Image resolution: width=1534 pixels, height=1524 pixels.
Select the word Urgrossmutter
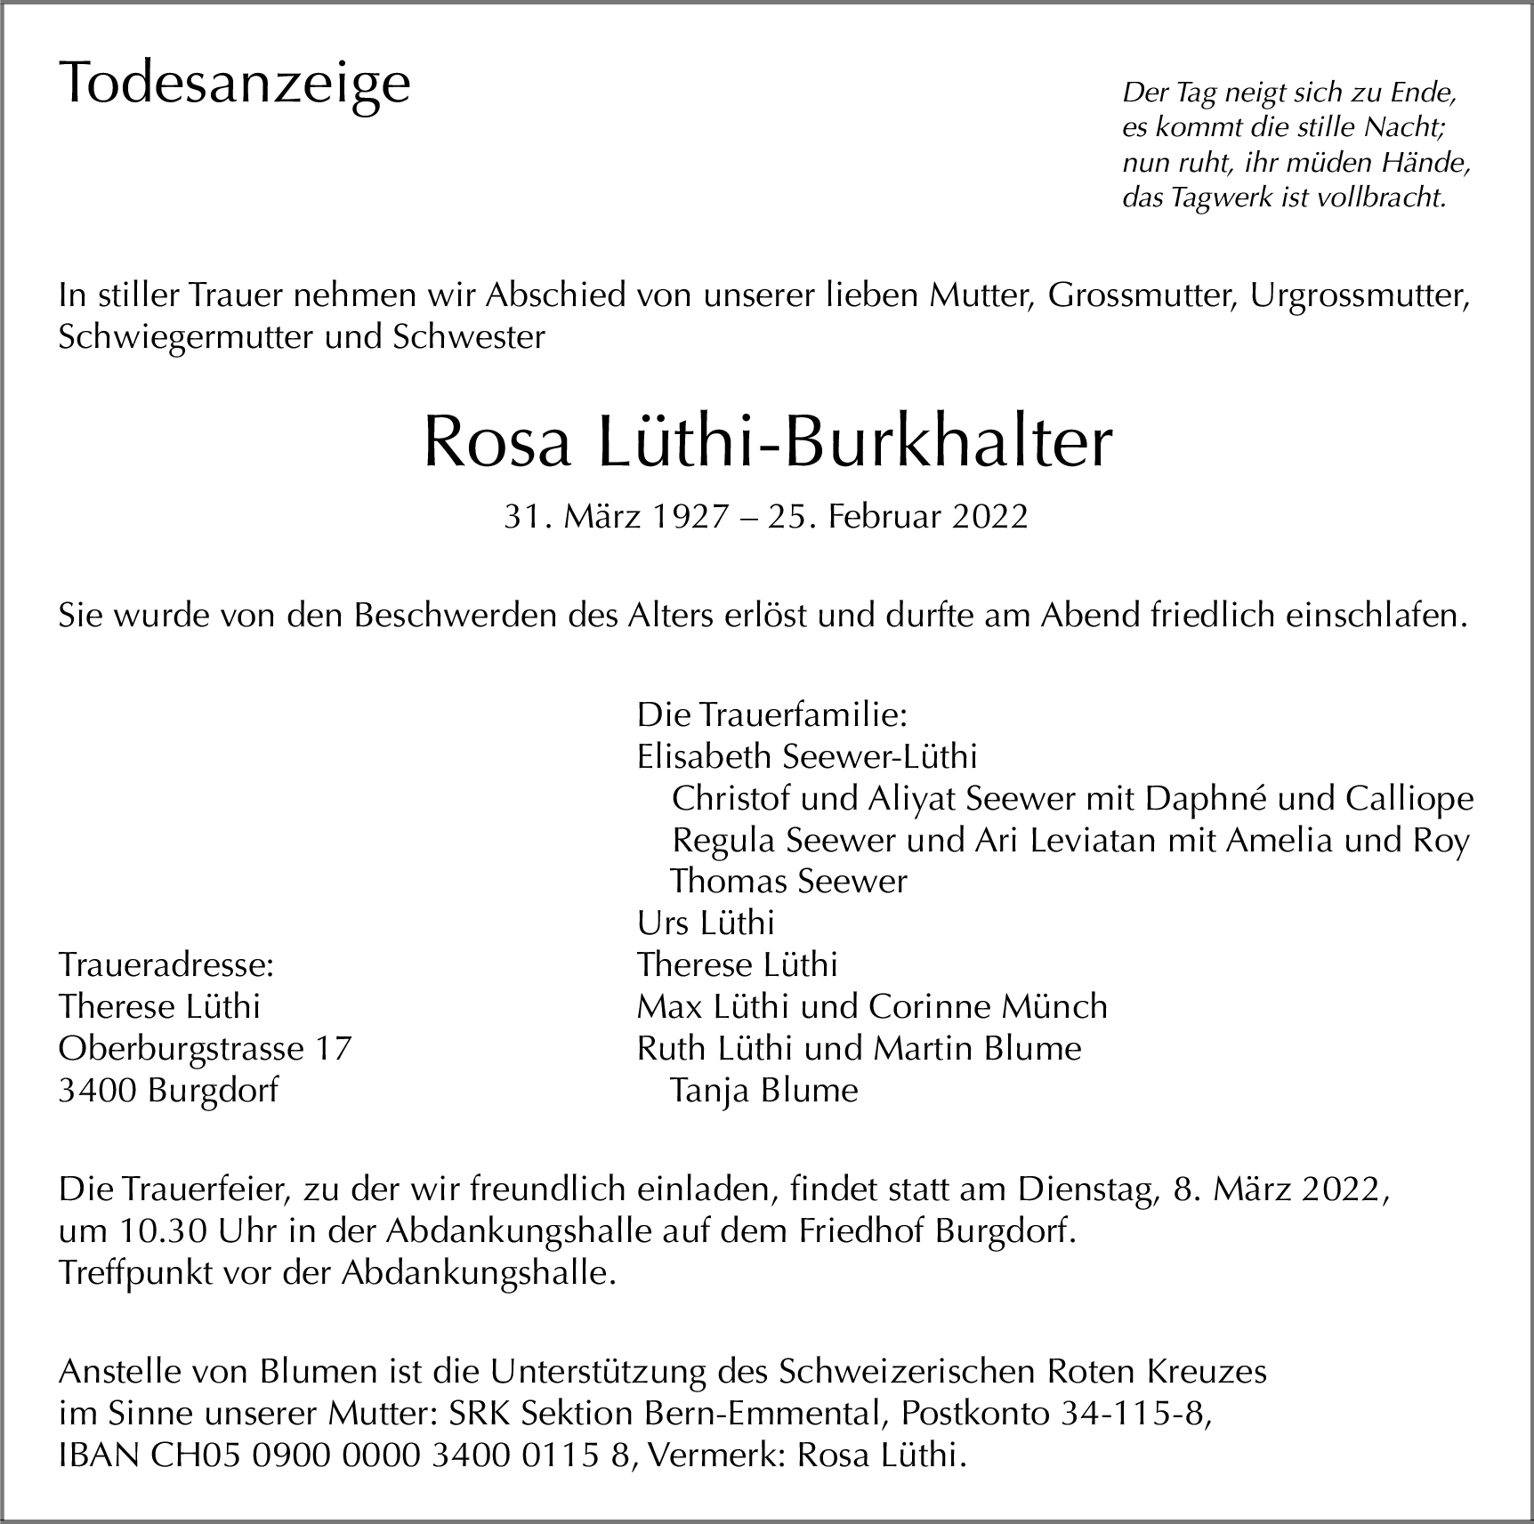(1359, 296)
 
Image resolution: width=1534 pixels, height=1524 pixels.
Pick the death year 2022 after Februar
(989, 517)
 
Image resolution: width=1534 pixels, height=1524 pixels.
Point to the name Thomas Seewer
(788, 882)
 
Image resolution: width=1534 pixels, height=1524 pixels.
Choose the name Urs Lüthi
(706, 923)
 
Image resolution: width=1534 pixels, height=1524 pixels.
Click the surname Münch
(1054, 1007)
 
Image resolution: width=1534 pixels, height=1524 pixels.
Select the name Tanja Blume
(763, 1091)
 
